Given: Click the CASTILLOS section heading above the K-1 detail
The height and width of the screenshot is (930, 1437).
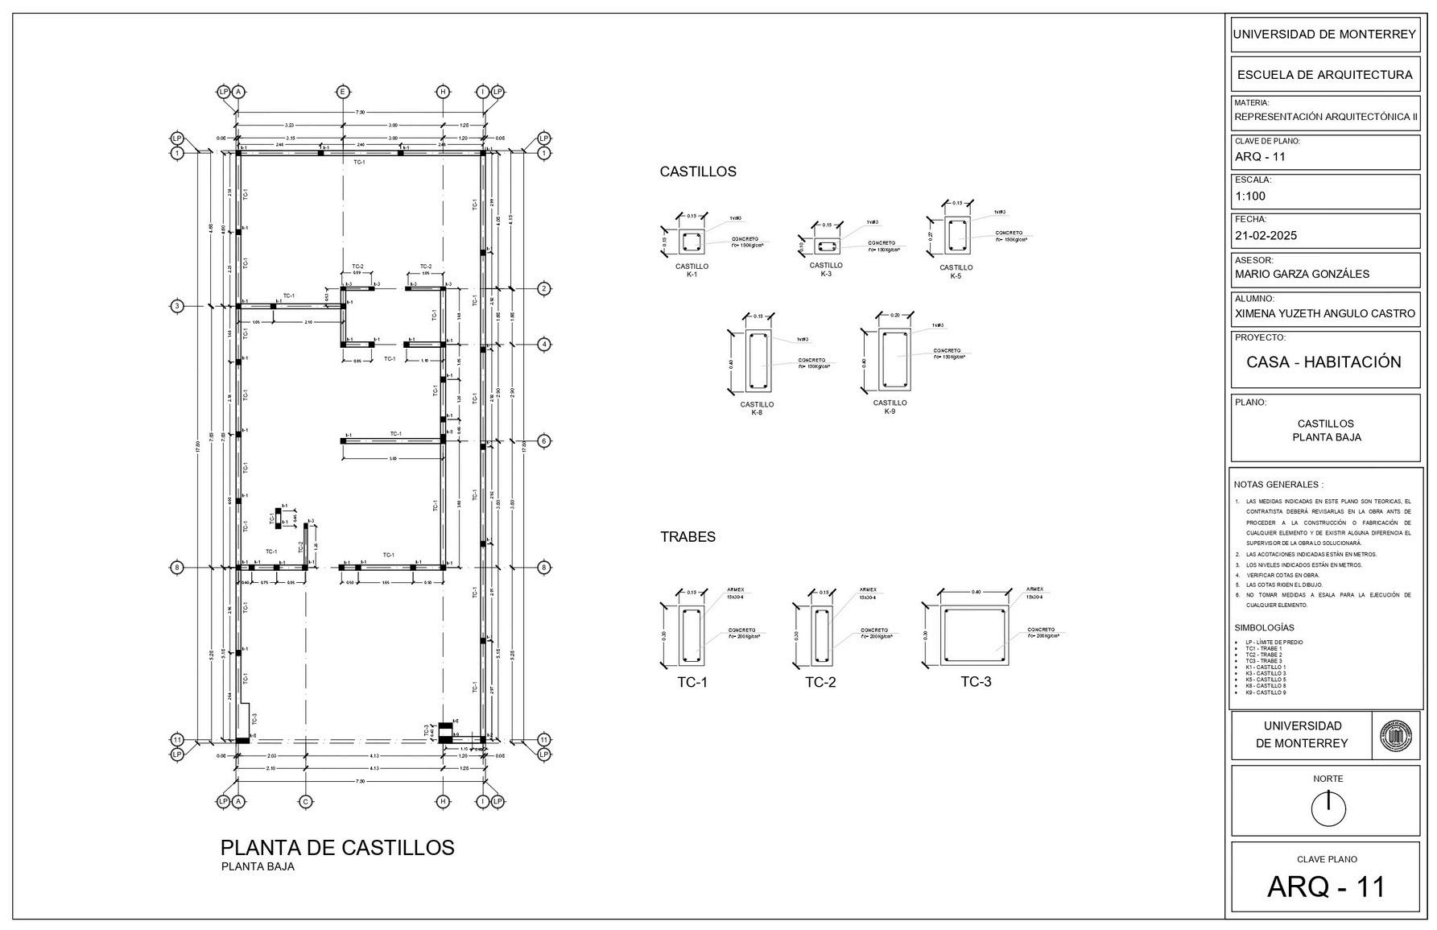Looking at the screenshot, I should point(697,172).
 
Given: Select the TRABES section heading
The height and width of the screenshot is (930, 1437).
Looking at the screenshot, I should point(688,536).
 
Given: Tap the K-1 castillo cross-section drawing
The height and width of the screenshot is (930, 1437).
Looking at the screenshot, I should point(692,242).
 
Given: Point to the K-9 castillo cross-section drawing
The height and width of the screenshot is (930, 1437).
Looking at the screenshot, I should point(894,360).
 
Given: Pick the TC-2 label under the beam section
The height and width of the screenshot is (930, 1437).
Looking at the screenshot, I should point(820,683).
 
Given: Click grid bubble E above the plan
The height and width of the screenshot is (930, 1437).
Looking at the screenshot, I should point(343,92).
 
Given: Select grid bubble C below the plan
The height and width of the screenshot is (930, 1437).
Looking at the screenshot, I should point(305,801).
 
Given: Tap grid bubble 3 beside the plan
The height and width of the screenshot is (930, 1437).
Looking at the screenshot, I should point(177,306).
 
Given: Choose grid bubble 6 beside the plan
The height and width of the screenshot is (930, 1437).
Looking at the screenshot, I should point(544,441).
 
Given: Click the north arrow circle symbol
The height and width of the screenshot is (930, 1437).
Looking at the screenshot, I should point(1328,808).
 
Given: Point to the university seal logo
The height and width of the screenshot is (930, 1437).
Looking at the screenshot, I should point(1396,735).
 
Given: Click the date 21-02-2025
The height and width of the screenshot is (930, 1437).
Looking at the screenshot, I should point(1266,236).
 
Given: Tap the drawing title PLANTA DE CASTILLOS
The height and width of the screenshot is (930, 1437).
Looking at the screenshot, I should point(337,847).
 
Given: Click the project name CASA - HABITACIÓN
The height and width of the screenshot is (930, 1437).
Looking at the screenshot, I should point(1323,362).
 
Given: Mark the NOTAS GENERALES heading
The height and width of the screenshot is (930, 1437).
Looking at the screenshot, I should point(1278,485).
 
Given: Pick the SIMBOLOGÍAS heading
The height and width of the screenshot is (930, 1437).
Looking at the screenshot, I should point(1264,627).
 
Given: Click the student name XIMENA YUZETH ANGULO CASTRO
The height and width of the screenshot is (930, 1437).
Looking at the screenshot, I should point(1324,313).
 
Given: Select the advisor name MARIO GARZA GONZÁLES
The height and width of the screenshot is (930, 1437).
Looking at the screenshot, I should point(1301,274).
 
